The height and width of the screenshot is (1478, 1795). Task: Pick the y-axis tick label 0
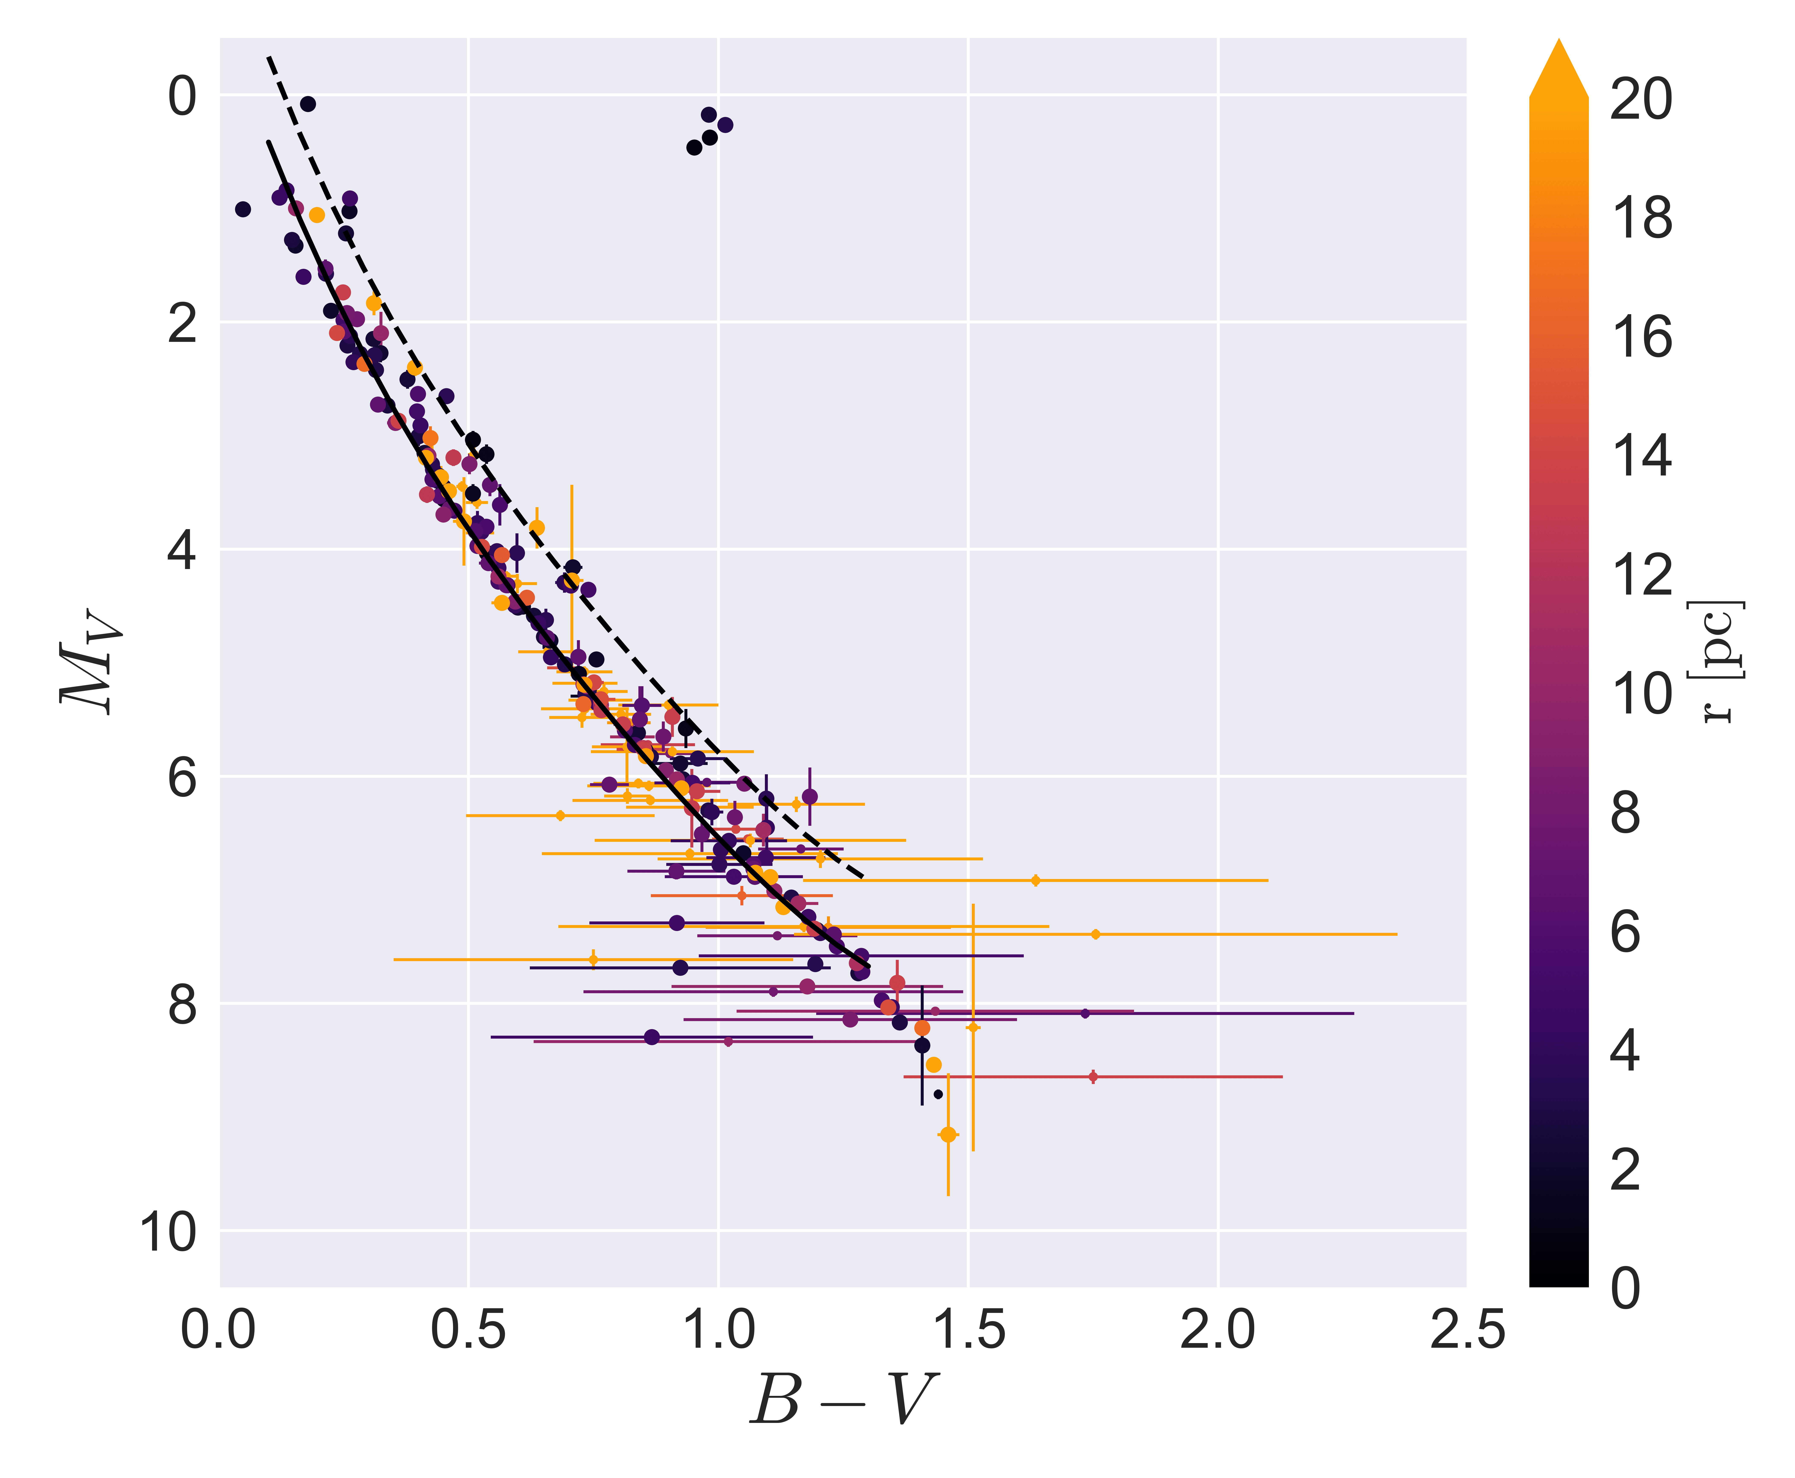click(181, 96)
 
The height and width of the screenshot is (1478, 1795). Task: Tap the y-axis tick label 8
click(181, 1005)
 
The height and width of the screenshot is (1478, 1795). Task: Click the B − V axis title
click(843, 1401)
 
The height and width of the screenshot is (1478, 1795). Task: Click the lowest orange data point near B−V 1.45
click(948, 1135)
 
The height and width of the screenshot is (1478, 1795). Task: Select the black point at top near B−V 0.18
click(308, 104)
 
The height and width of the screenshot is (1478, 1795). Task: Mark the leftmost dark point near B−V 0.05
click(243, 209)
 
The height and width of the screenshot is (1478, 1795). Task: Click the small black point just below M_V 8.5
click(938, 1094)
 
